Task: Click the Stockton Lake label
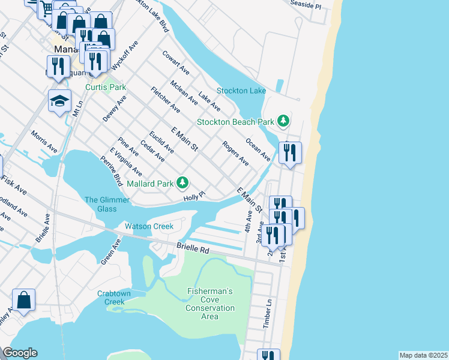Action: (241, 91)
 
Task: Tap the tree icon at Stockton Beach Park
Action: (283, 121)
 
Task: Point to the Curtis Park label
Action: (106, 87)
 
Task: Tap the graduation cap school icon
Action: (59, 101)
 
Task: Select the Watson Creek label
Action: (149, 226)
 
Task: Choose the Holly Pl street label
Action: (194, 196)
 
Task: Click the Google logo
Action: (20, 353)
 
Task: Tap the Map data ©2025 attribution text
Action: (423, 355)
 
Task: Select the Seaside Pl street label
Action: (306, 4)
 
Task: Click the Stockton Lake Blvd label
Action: (155, 16)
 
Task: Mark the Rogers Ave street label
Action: (235, 153)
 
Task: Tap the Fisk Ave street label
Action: (13, 184)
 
